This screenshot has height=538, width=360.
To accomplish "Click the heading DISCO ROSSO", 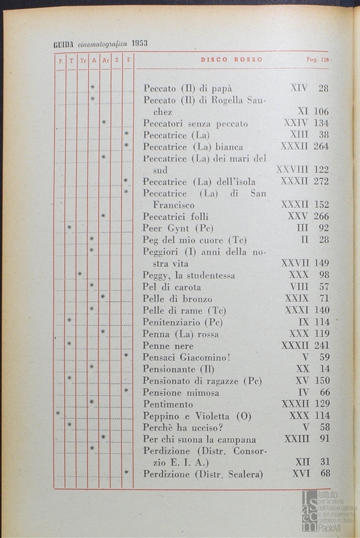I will click(x=232, y=59).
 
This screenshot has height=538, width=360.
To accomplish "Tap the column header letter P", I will click(x=60, y=61).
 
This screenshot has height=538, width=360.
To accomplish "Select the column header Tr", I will click(x=83, y=61).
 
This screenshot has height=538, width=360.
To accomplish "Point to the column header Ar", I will click(x=105, y=61).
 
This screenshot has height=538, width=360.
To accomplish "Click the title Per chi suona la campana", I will click(x=199, y=439).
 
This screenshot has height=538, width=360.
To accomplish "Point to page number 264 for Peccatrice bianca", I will click(x=321, y=146).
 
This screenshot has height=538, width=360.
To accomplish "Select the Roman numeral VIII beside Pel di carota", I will click(x=299, y=287).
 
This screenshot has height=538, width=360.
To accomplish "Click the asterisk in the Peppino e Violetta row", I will click(x=58, y=413).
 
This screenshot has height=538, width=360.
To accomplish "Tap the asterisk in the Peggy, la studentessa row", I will click(x=80, y=273).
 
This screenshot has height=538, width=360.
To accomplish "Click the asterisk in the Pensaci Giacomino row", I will click(x=126, y=355).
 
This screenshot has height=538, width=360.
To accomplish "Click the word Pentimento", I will click(x=167, y=404).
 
